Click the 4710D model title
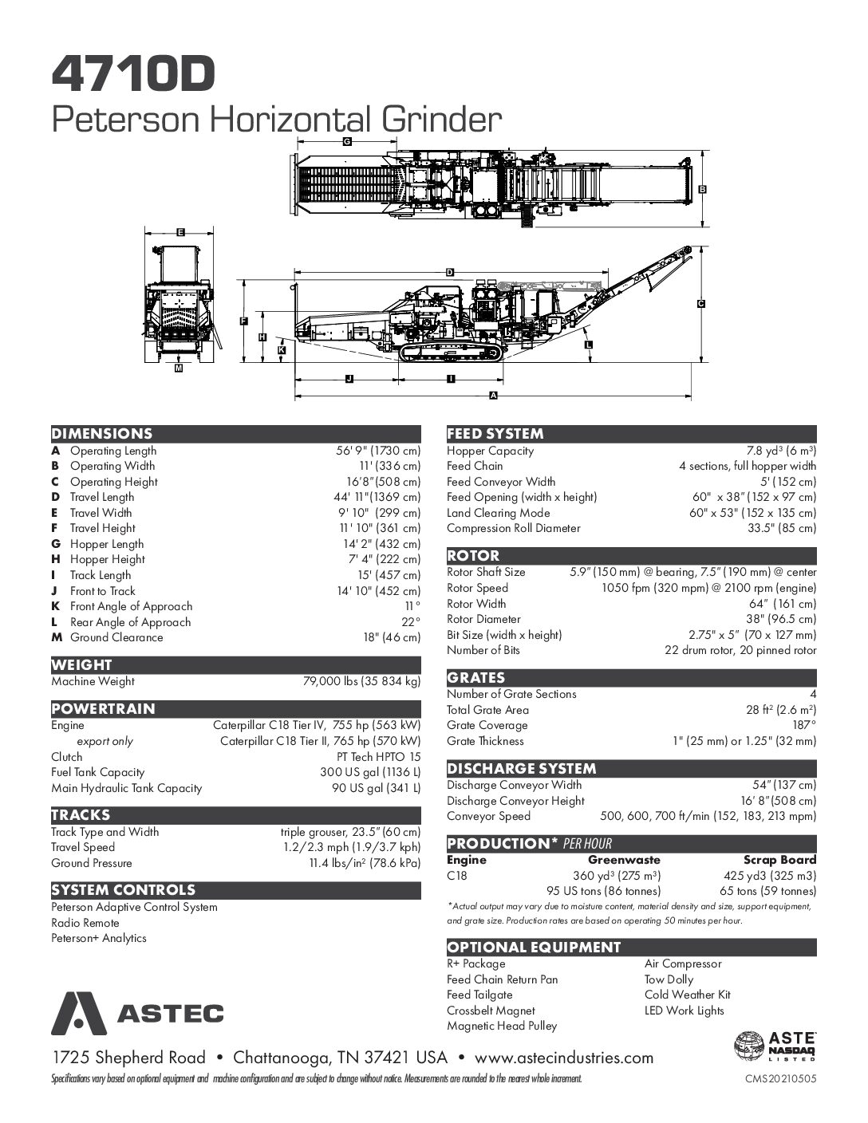coord(133,73)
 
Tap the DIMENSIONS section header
coord(101,434)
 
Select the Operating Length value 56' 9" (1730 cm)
coord(377,451)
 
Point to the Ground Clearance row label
coord(116,637)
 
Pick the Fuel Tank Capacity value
coord(370,772)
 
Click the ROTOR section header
coord(473,556)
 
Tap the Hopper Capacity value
coord(781,451)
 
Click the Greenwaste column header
coord(624,860)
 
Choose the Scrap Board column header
coord(779,860)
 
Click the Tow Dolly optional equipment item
coord(669,979)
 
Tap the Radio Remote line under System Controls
coord(85,923)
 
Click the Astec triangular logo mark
coord(79,1013)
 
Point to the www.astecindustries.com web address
coord(564,1058)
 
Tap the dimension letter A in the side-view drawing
coord(493,396)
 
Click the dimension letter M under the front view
coord(178,369)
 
